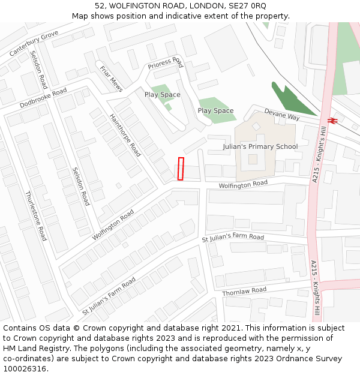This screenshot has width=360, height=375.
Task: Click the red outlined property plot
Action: [181, 169]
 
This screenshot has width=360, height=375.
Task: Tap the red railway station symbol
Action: [333, 119]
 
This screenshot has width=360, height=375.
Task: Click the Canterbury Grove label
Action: [34, 43]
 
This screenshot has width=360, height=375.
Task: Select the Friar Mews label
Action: [111, 79]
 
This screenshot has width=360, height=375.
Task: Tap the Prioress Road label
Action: [166, 63]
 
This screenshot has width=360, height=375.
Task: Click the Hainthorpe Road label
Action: [125, 136]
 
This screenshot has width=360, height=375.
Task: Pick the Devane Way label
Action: [282, 115]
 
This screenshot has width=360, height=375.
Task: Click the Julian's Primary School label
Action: [260, 146]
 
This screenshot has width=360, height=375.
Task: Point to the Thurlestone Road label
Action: [36, 216]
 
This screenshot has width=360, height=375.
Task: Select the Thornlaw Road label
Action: [244, 292]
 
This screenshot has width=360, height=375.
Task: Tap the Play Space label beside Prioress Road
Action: [162, 95]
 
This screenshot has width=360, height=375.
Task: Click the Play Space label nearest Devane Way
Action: [215, 111]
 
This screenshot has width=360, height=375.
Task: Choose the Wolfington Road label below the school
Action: [242, 184]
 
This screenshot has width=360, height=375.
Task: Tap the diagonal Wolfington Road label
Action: [113, 225]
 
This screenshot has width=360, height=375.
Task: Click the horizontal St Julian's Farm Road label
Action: [233, 238]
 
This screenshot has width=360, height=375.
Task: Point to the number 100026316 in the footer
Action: [25, 369]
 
